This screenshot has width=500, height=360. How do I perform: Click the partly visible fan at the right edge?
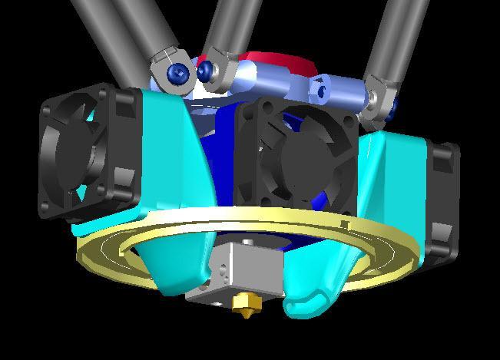click(x=444, y=196)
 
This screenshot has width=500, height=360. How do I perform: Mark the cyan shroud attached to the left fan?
click(x=165, y=146)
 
